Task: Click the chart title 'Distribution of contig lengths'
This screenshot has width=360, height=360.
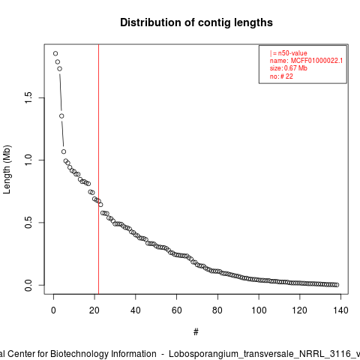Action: (196, 22)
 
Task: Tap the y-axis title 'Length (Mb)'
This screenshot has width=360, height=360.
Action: (7, 169)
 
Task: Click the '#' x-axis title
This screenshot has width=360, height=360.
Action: (196, 332)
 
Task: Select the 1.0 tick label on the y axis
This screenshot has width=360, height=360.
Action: (28, 160)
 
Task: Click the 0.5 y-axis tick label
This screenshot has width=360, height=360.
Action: (28, 223)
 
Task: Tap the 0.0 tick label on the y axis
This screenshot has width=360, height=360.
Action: (28, 285)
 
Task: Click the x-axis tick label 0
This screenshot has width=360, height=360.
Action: (53, 310)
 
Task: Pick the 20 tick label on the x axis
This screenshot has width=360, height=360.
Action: (94, 310)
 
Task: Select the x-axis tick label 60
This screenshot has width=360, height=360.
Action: (177, 310)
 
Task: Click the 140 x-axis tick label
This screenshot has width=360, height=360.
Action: (341, 310)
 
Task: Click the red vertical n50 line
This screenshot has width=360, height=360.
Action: (99, 169)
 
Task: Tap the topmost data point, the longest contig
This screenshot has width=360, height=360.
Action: (55, 53)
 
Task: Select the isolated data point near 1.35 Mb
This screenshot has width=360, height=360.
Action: (61, 116)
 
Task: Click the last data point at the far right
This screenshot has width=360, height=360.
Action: (337, 285)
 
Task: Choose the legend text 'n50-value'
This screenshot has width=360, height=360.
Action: (292, 53)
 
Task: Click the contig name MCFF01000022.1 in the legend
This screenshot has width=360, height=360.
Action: (316, 61)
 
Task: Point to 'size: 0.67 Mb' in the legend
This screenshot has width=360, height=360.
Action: (289, 68)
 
